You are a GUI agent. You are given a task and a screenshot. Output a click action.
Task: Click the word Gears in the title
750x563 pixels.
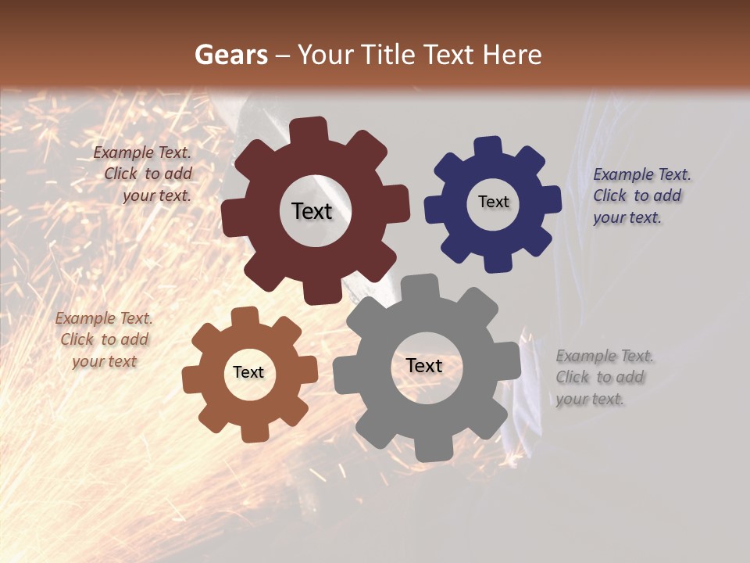[230, 55]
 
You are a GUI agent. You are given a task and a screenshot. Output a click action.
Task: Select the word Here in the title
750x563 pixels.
[512, 55]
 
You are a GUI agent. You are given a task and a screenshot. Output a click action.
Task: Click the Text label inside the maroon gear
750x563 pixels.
[312, 211]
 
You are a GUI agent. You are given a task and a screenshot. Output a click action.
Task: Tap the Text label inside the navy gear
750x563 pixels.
[493, 202]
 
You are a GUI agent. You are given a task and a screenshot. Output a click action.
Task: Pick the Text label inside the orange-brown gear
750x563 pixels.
[248, 372]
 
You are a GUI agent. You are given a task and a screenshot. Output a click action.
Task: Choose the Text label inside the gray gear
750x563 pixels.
[423, 365]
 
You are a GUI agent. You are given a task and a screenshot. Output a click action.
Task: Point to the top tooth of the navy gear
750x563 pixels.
[488, 148]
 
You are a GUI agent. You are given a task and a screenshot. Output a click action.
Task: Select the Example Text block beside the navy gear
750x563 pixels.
[641, 195]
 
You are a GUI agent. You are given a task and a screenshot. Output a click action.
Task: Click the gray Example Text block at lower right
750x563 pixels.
[605, 377]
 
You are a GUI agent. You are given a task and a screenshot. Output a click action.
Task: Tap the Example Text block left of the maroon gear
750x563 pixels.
[144, 174]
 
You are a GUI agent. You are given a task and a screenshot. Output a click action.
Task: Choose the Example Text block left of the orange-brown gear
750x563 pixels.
[104, 339]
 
